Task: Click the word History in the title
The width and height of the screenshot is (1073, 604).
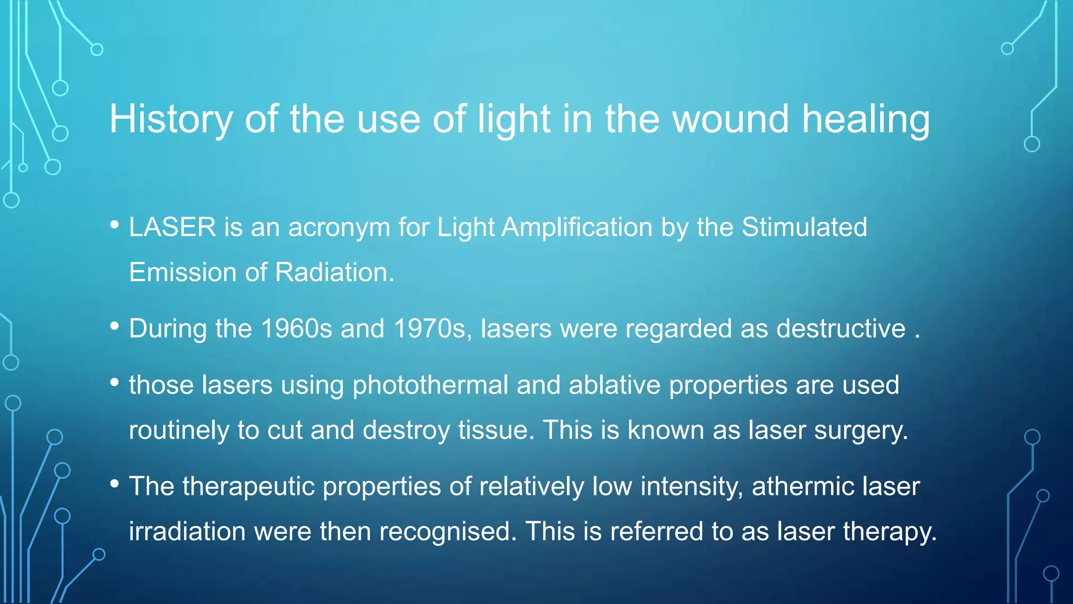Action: [171, 120]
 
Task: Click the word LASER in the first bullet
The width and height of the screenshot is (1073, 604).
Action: [172, 228]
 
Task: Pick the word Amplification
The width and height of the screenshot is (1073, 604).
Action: [577, 228]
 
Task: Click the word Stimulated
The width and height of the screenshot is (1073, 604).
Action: [804, 228]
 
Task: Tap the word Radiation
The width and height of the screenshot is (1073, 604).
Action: [334, 273]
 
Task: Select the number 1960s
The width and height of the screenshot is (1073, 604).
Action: [296, 329]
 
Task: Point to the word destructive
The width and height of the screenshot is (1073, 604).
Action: [841, 329]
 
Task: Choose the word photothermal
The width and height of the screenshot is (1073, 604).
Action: [430, 385]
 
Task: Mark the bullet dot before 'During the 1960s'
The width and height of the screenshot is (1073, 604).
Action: [115, 326]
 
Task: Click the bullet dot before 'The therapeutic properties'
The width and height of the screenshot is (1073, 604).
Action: [115, 484]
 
